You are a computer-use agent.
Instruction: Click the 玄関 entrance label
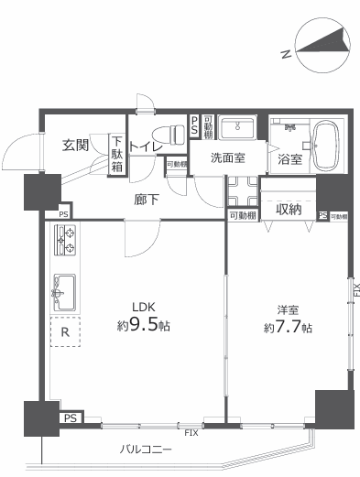75,145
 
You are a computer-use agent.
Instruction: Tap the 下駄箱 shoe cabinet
116,155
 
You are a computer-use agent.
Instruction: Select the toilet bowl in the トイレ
169,135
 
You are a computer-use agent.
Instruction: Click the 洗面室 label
228,157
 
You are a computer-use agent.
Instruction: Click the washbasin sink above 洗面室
237,127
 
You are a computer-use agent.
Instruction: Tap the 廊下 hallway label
147,200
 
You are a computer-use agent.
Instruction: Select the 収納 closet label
289,209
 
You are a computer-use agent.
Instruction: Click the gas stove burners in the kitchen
65,240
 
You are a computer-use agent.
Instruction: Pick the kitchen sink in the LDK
64,292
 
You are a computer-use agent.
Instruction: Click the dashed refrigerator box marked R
65,331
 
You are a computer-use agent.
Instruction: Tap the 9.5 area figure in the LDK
144,325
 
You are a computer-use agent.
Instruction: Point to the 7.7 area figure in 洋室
288,327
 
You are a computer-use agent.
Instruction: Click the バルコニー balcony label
146,450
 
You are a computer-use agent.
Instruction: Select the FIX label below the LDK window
191,433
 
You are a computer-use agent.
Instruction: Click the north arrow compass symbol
322,45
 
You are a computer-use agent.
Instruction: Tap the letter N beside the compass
286,54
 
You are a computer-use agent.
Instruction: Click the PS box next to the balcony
71,417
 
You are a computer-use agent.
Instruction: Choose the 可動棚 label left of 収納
243,216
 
